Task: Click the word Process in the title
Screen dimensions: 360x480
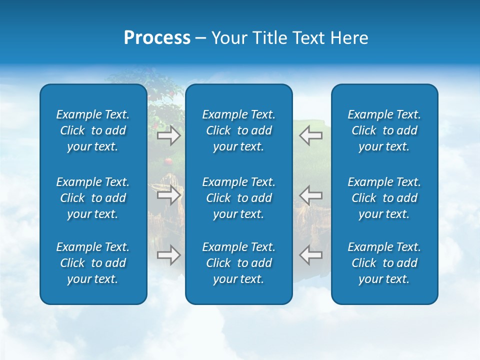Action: (157, 38)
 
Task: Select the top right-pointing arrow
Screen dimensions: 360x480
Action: (168, 135)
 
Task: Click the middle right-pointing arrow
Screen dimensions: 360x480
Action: (168, 194)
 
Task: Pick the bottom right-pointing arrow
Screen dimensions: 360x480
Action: (168, 255)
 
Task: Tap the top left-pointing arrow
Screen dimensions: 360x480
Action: (311, 135)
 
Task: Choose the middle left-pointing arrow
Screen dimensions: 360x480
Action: (311, 194)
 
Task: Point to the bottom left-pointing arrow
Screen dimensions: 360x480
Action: (311, 255)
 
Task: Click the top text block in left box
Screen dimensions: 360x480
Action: (93, 130)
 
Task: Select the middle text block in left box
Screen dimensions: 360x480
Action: (93, 198)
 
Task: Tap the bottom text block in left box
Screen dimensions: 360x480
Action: (93, 263)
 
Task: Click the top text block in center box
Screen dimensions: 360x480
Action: (238, 130)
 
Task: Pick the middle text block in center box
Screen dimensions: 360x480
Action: (238, 198)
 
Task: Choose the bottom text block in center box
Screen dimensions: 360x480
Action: (238, 263)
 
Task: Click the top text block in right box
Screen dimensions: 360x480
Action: (384, 130)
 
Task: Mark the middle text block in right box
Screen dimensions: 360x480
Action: (384, 198)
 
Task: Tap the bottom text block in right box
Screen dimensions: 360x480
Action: (384, 263)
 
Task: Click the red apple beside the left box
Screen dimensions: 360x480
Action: (168, 161)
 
